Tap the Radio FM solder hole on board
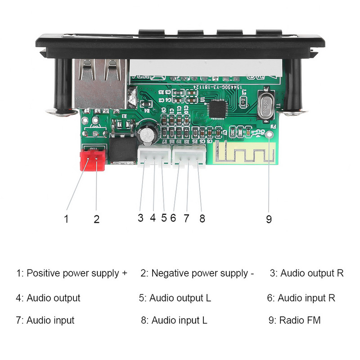pyautogui.click(x=270, y=135)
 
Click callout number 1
pyautogui.click(x=66, y=219)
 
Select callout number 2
pyautogui.click(x=96, y=219)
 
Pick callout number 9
pyautogui.click(x=269, y=219)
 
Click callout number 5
pyautogui.click(x=164, y=218)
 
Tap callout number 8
pyautogui.click(x=202, y=218)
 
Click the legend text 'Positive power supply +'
pyautogui.click(x=76, y=273)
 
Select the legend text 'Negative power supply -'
pyautogui.click(x=202, y=273)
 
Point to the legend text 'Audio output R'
pyautogui.click(x=312, y=273)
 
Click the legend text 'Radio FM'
pyautogui.click(x=300, y=320)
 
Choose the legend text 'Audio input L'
pyautogui.click(x=179, y=320)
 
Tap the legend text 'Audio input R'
pyautogui.click(x=306, y=298)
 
